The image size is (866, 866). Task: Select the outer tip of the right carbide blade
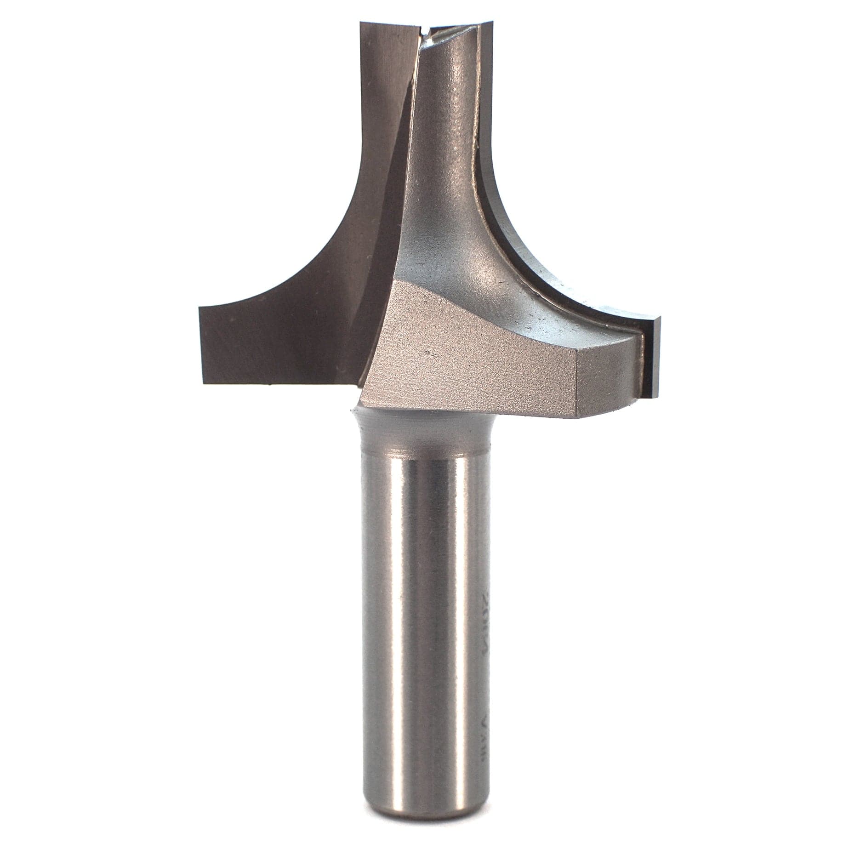point(658,317)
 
